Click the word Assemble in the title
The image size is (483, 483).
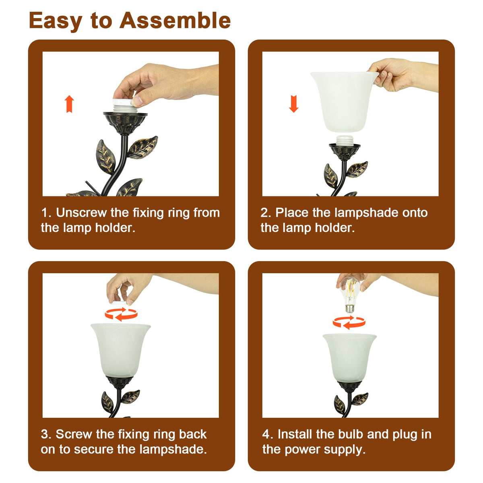tap(175, 21)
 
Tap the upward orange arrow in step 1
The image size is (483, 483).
tap(69, 104)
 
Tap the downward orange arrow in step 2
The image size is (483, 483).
tap(293, 104)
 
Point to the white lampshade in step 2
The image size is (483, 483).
tap(345, 101)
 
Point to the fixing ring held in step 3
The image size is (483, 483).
tap(119, 303)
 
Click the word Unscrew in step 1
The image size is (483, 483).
tap(81, 213)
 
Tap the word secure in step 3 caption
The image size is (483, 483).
tap(94, 450)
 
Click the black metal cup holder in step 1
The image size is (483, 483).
tap(125, 124)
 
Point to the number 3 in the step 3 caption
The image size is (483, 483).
tap(44, 434)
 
